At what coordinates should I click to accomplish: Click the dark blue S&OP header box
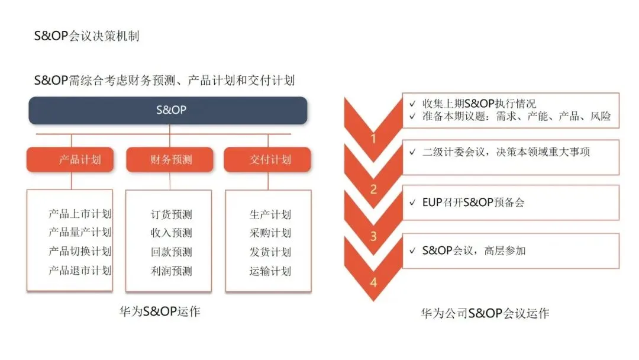[x=168, y=110]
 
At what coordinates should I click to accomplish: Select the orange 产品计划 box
[x=70, y=160]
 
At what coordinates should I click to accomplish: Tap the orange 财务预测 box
[x=170, y=160]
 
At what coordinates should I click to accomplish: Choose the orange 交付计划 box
[x=269, y=160]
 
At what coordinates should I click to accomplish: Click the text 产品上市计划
[x=80, y=214]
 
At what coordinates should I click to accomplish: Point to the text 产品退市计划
[x=80, y=271]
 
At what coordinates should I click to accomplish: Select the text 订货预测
[x=172, y=214]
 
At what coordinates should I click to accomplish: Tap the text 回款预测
[x=172, y=252]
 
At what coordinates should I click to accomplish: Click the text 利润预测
[x=172, y=271]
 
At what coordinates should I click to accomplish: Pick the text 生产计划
[x=270, y=214]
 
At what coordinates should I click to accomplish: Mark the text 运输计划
[x=270, y=271]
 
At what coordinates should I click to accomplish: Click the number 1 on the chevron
[x=373, y=140]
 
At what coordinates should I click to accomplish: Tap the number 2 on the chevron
[x=373, y=189]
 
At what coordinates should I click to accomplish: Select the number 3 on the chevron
[x=373, y=236]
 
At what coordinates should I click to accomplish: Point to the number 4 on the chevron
[x=373, y=282]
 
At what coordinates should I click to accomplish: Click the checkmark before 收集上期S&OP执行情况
[x=412, y=104]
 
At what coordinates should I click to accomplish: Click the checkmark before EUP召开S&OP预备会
[x=412, y=202]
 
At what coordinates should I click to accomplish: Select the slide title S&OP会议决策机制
[x=86, y=36]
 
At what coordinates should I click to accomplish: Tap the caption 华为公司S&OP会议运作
[x=485, y=313]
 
